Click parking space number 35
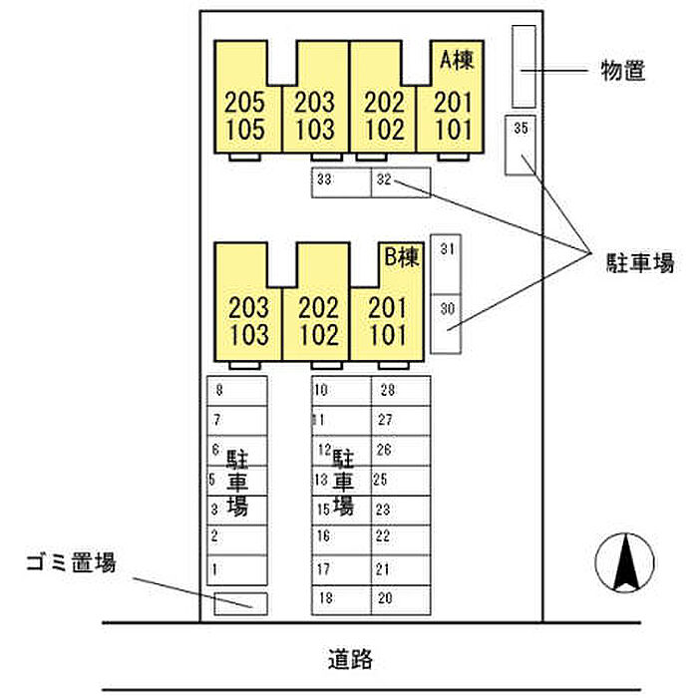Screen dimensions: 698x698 520,145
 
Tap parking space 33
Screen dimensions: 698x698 341,182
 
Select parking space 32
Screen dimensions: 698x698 401,182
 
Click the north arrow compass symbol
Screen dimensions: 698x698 625,562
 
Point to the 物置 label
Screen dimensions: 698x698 623,71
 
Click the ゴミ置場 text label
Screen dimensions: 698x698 71,563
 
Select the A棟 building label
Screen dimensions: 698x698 456,60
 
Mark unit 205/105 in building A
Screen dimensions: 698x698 245,115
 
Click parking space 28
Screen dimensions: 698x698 401,391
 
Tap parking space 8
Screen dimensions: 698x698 237,391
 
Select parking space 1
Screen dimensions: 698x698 237,570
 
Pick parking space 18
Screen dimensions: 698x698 341,599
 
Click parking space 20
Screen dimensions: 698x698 401,599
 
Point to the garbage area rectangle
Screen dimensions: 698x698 240,602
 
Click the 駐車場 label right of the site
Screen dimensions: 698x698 640,264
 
